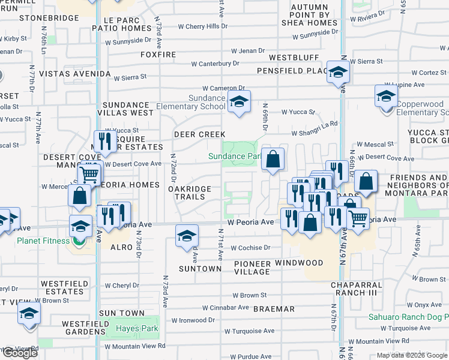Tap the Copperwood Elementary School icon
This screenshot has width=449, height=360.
click(387, 95)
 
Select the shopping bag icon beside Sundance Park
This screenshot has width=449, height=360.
click(273, 160)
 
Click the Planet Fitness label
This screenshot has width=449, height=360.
click(43, 241)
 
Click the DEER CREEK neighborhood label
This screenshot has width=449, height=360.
click(200, 134)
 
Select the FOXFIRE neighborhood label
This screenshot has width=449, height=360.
click(158, 55)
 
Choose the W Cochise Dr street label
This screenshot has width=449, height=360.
click(252, 247)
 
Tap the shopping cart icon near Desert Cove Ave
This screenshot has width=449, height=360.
click(89, 175)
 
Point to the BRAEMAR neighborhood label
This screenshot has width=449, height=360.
click(273, 309)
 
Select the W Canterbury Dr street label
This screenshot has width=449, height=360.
click(215, 64)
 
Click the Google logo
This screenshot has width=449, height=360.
click(20, 353)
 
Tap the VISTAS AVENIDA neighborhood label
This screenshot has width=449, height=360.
click(74, 74)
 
